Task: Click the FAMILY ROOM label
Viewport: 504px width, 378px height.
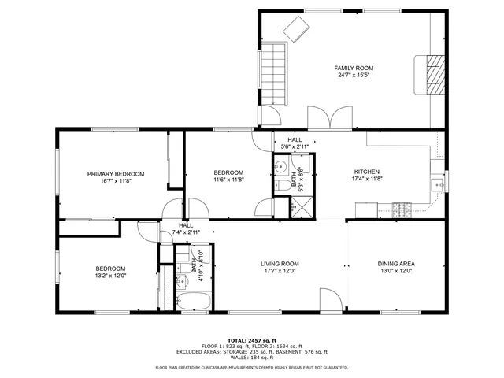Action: pyautogui.click(x=353, y=68)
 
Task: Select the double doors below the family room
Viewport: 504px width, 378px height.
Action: pyautogui.click(x=325, y=118)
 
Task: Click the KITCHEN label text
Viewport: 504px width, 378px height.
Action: pyautogui.click(x=366, y=172)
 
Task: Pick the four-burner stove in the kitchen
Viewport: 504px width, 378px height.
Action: pyautogui.click(x=402, y=209)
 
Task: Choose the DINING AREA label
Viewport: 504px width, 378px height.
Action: pyautogui.click(x=396, y=264)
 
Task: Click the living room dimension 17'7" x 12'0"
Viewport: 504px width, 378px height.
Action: pyautogui.click(x=280, y=272)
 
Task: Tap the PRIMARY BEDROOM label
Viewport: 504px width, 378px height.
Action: pyautogui.click(x=116, y=173)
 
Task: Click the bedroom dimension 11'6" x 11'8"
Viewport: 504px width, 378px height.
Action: pyautogui.click(x=228, y=180)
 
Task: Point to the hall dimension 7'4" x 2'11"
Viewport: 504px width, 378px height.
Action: pyautogui.click(x=186, y=232)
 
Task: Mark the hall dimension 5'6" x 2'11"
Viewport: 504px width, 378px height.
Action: pyautogui.click(x=294, y=147)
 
